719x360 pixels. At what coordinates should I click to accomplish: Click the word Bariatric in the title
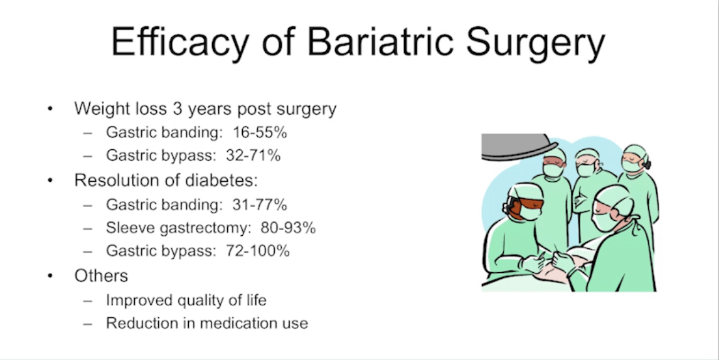click(380, 42)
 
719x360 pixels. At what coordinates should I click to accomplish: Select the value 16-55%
click(260, 132)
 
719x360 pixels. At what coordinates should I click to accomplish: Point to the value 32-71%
click(253, 156)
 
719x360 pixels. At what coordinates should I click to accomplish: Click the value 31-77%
click(260, 204)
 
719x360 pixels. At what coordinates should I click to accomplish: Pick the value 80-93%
click(289, 228)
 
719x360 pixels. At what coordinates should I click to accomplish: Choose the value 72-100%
click(258, 251)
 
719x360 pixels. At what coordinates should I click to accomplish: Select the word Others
click(102, 275)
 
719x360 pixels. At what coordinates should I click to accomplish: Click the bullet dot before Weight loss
click(50, 109)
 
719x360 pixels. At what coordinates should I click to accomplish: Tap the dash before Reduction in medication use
click(88, 324)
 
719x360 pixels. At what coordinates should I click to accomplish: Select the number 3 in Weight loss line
click(178, 109)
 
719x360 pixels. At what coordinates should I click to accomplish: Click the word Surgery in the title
click(536, 43)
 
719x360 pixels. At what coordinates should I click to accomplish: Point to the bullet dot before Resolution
click(50, 181)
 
